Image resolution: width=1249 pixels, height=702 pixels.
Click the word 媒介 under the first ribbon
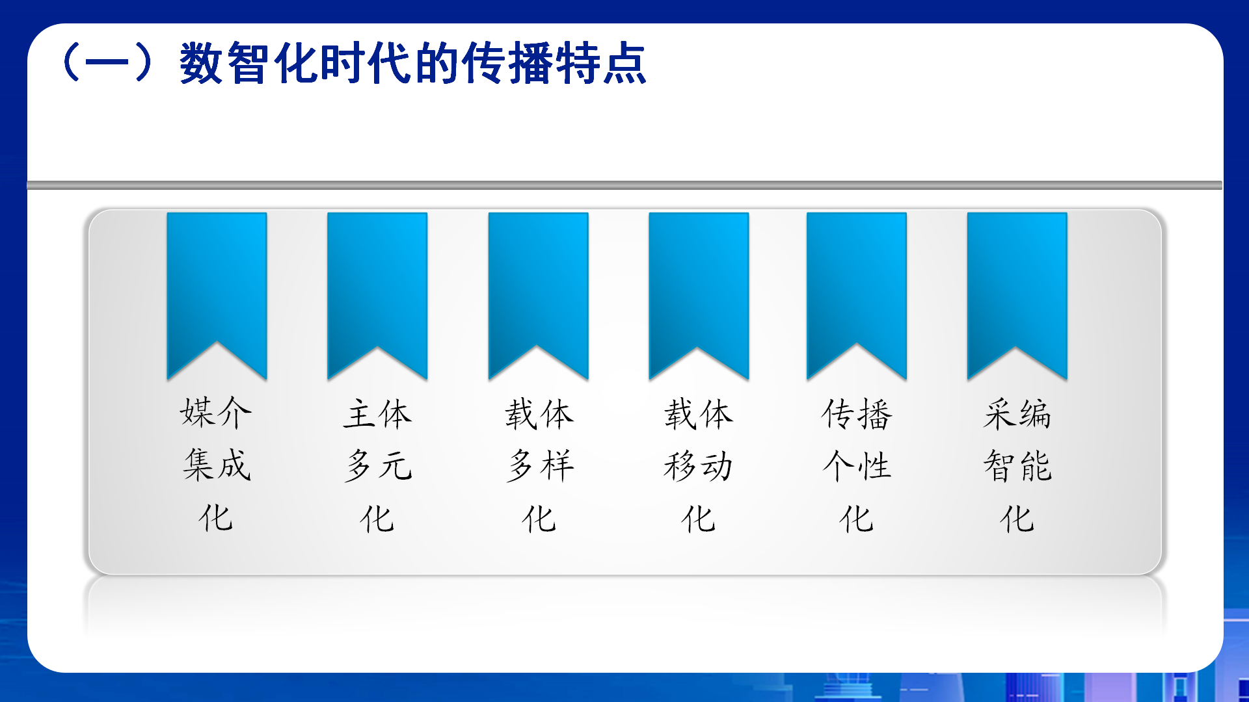click(x=216, y=413)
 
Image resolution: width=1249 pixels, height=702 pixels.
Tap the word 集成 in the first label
click(x=217, y=465)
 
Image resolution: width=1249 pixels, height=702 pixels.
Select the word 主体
click(x=377, y=414)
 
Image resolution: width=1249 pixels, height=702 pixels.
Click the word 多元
click(x=378, y=466)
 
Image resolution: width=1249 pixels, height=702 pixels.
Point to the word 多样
click(x=540, y=466)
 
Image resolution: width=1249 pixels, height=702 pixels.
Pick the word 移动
click(x=699, y=466)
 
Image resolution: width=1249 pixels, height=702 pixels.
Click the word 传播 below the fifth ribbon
click(x=857, y=414)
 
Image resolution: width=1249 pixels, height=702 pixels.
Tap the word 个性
click(x=857, y=466)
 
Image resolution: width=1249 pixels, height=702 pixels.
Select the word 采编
click(x=1017, y=414)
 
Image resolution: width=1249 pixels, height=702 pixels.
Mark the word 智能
click(x=1017, y=466)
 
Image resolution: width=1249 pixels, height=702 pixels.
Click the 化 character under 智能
click(x=1017, y=519)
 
